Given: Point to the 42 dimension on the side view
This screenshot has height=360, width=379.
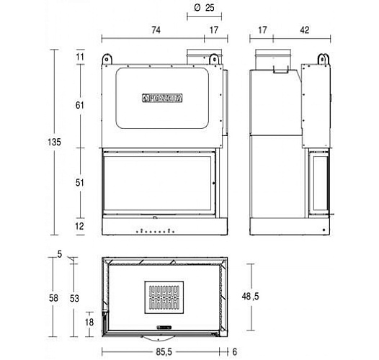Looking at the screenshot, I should pos(305,31).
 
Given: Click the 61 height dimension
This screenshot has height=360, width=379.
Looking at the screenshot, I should pos(80,105).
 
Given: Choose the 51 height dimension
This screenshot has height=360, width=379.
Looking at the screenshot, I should pos(80,183).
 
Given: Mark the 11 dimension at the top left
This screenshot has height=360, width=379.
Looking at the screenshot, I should pos(80,57).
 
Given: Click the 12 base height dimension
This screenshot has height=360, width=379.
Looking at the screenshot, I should pos(80,226).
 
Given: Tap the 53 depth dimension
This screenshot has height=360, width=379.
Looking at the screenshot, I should pos(74,297).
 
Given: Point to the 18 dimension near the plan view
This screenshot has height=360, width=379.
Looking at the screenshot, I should pos(89,322).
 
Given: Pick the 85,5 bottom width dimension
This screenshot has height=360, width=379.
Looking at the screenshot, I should pos(162,353).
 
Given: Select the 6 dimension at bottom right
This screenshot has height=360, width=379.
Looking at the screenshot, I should pos(235,353).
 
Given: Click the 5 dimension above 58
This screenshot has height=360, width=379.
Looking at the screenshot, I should pos(59,253).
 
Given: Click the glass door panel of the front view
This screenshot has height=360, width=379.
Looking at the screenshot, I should pos(160,184).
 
